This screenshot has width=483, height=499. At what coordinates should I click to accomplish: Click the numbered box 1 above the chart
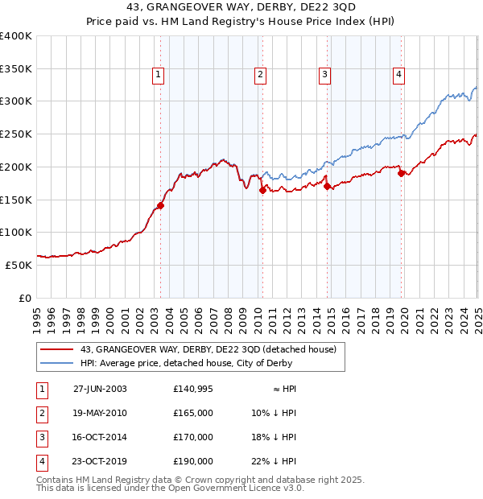click(158, 76)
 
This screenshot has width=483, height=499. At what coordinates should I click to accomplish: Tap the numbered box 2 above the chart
click(261, 76)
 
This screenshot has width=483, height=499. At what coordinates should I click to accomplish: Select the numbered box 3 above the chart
click(324, 76)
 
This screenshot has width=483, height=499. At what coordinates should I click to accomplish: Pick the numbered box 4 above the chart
click(398, 76)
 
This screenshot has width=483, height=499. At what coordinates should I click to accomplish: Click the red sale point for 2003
click(160, 205)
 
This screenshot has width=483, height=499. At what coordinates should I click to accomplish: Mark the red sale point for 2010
click(262, 190)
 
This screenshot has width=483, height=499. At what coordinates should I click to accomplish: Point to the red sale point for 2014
click(327, 186)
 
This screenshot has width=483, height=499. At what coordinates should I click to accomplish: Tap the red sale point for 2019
click(401, 173)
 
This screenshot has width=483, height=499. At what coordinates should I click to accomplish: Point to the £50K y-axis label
click(19, 264)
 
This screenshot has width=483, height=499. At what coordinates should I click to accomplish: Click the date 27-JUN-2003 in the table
click(100, 389)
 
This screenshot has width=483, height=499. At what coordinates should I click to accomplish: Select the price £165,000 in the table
click(193, 413)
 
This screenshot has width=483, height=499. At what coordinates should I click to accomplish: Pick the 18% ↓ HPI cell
click(274, 437)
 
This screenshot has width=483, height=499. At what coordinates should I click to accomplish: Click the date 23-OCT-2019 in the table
click(100, 461)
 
